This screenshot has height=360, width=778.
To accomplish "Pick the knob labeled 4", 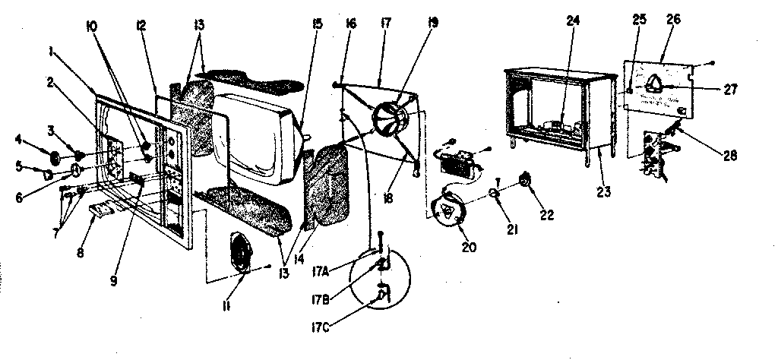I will tap(55, 157).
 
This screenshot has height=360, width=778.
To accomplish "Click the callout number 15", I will tap(317, 24).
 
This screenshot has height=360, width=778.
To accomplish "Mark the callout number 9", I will tap(112, 279).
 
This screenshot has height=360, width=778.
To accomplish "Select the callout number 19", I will tap(433, 23).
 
